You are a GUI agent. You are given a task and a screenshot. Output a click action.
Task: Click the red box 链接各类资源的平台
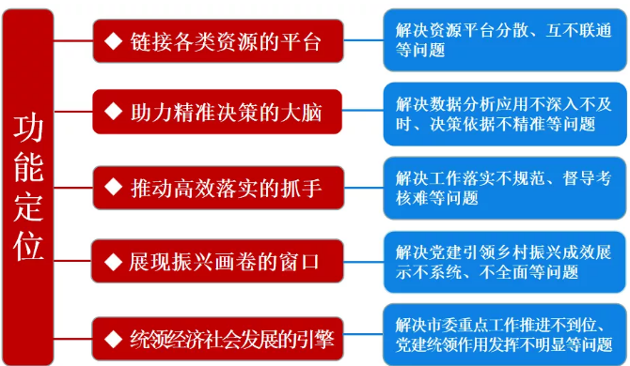point(216,41)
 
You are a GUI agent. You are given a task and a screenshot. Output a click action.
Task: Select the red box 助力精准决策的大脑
point(216,113)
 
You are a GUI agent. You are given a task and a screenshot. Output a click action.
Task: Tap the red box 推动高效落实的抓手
point(216,188)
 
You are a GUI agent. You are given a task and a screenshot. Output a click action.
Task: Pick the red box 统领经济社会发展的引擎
point(216,335)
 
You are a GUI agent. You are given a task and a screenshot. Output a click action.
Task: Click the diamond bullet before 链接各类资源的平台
point(115,41)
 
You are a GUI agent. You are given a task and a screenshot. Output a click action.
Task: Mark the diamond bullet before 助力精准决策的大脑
point(115,113)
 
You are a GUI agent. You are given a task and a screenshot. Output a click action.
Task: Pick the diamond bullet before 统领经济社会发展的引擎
point(115,335)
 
